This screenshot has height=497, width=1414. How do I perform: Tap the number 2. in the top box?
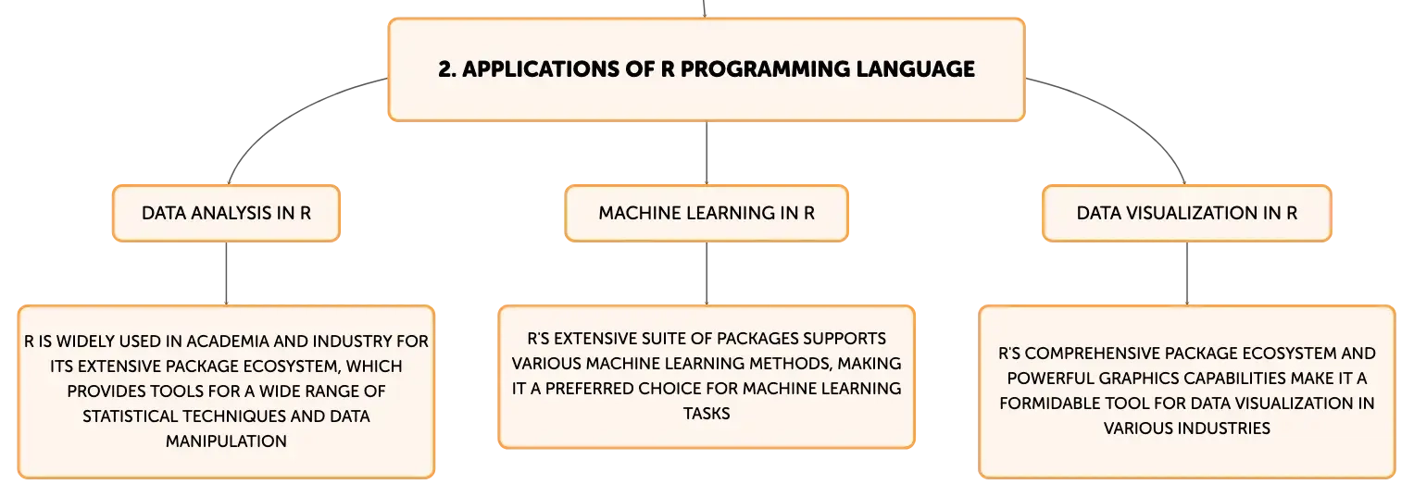pos(447,68)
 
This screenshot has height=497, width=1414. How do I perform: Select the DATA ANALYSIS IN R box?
pos(226,213)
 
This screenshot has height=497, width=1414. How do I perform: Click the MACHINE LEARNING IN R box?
pos(707,213)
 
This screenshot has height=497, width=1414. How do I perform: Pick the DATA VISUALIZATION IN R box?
pos(1187,213)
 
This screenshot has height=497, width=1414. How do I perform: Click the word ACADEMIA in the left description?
pos(228,342)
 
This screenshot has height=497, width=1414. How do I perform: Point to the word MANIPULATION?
pos(226,441)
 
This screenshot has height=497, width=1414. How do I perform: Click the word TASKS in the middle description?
pos(707,413)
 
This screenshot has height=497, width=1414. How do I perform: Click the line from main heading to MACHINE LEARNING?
pos(707,153)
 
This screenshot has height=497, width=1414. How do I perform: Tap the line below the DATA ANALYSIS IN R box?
pos(226,273)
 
